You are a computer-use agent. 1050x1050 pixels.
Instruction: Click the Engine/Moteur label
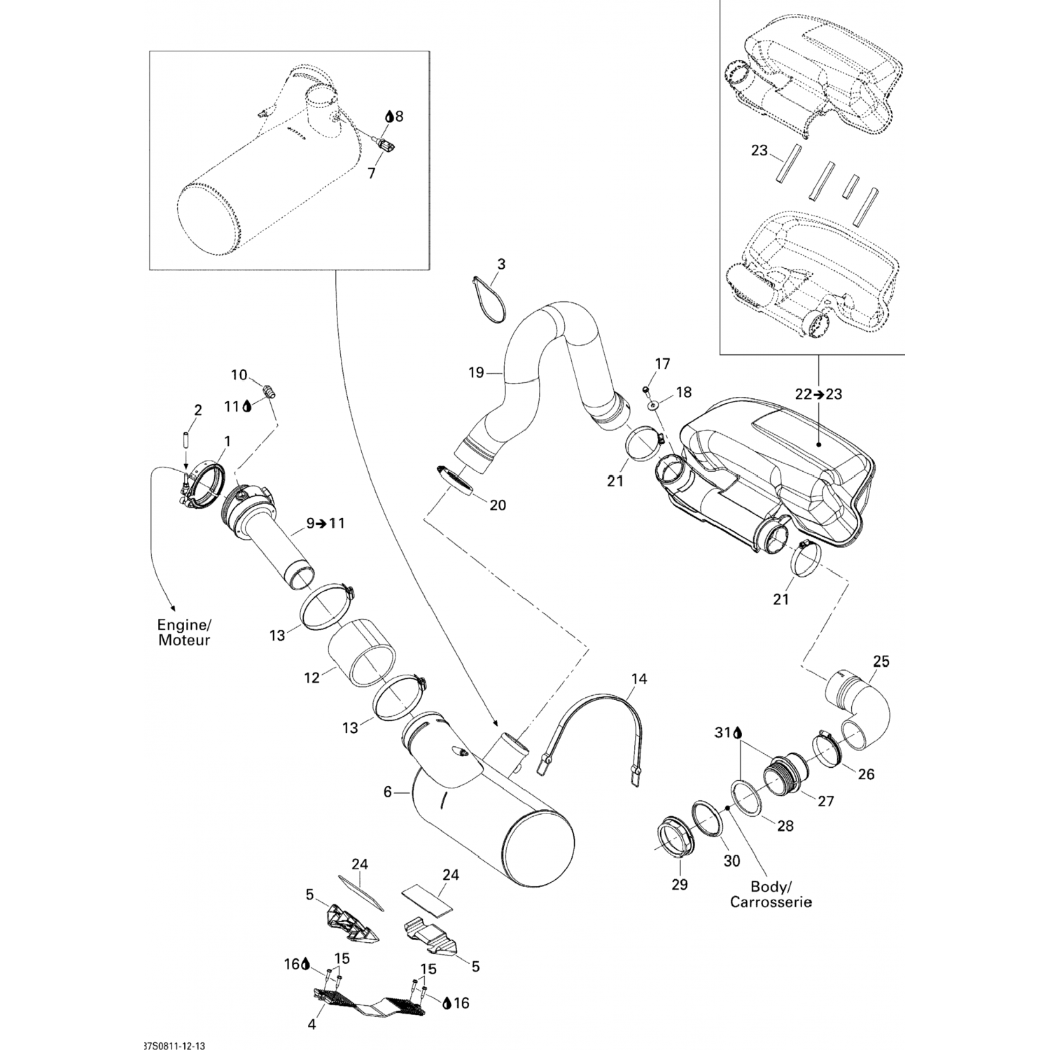[x=184, y=632]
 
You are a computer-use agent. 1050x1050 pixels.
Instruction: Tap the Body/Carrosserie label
[x=771, y=894]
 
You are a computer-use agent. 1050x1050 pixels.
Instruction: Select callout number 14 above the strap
[x=639, y=678]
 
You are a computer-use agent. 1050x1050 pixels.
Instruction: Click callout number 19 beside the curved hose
[x=476, y=372]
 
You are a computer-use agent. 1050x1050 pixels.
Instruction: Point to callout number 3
[x=501, y=265]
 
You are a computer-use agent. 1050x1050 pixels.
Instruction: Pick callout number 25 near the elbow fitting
[x=881, y=661]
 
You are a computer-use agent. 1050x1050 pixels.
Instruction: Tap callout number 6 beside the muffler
[x=387, y=792]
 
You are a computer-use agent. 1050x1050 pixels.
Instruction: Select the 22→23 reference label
[x=818, y=394]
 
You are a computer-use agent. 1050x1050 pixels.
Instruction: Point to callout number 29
[x=680, y=884]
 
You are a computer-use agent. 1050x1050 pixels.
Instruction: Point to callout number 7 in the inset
[x=372, y=172]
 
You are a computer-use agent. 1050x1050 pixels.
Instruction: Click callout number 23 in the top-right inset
[x=759, y=150]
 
